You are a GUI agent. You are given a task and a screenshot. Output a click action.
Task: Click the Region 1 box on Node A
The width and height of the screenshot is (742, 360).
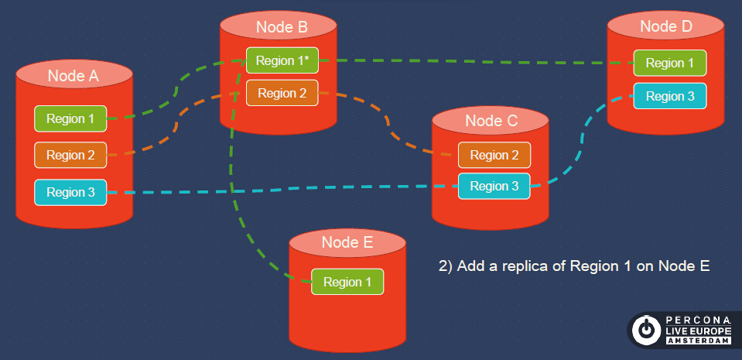[70, 118]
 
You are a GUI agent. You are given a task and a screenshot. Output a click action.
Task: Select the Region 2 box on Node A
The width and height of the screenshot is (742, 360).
[70, 155]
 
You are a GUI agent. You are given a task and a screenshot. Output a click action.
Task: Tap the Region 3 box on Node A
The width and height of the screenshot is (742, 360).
[70, 192]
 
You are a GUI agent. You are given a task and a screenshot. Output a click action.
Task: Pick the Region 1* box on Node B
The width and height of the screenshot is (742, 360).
[282, 60]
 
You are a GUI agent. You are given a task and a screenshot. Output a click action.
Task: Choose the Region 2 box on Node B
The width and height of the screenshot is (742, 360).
[282, 94]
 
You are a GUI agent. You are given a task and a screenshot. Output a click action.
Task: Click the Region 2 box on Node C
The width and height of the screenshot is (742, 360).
[494, 155]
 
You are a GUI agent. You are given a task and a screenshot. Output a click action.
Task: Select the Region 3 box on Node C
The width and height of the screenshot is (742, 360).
[494, 186]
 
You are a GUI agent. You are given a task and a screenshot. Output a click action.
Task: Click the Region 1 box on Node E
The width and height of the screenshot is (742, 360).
[347, 282]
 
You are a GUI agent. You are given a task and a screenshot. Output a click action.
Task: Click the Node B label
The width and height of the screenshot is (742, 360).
[282, 27]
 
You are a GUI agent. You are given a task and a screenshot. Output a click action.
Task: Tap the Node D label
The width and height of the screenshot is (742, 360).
[666, 26]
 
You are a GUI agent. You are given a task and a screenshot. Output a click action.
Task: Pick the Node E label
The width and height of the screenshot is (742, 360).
[347, 242]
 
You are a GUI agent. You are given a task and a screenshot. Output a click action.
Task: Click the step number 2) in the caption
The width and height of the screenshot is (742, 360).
[446, 266]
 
